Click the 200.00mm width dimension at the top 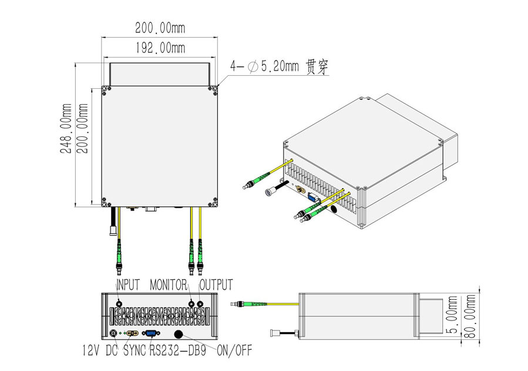click(x=160, y=28)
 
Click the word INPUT click(x=128, y=285)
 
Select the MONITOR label click(x=168, y=285)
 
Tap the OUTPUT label click(x=216, y=285)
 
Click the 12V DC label click(x=100, y=352)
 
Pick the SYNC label click(x=134, y=352)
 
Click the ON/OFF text click(x=234, y=352)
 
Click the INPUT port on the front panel click(x=120, y=305)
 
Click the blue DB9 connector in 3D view click(x=312, y=198)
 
